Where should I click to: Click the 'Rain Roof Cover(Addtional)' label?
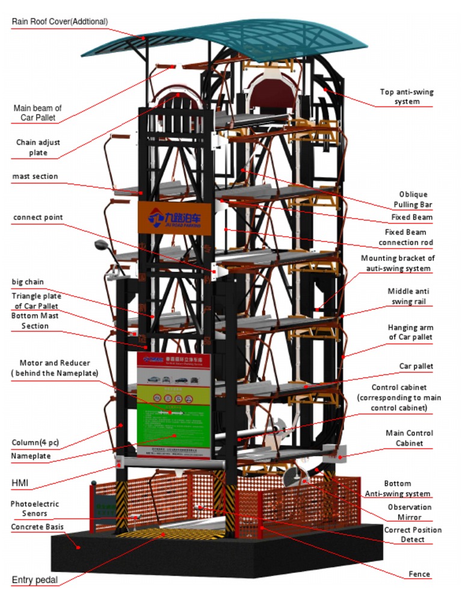(x=60, y=22)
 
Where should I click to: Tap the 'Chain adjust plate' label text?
(x=38, y=148)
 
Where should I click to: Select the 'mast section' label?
(x=35, y=176)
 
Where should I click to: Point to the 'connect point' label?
(x=37, y=217)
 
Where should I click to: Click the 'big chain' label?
(x=28, y=282)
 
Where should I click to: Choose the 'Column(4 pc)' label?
(x=35, y=443)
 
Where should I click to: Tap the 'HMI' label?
(x=19, y=483)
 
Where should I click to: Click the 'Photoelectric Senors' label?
(x=34, y=508)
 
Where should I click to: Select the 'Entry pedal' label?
(x=35, y=580)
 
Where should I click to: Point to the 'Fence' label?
(x=419, y=574)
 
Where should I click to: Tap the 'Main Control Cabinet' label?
(x=409, y=438)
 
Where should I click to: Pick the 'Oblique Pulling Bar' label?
(x=413, y=199)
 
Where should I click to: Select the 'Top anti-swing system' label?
(x=407, y=96)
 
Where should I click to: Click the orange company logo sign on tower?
(x=174, y=217)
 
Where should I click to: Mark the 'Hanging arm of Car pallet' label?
(x=410, y=332)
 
